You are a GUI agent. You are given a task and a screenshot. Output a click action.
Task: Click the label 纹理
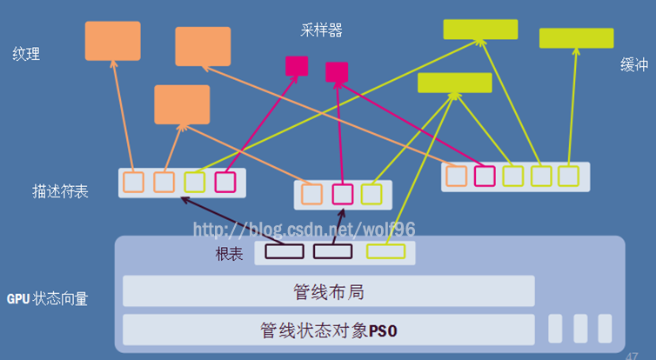click(26, 54)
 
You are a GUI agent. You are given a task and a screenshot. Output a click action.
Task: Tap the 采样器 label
click(321, 31)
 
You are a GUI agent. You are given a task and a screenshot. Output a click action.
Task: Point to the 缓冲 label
click(633, 66)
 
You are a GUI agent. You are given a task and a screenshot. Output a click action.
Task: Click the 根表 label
click(229, 255)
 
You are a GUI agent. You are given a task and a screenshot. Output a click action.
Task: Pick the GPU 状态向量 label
click(47, 299)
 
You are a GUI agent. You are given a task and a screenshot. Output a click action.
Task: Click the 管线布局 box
click(328, 291)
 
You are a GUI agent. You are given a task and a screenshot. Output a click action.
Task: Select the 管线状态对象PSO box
click(328, 330)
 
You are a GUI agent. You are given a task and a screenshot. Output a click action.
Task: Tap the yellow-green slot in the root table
click(385, 252)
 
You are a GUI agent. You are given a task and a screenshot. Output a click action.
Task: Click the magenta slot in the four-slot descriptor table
click(225, 182)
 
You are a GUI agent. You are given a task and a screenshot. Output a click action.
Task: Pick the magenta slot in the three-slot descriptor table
click(342, 194)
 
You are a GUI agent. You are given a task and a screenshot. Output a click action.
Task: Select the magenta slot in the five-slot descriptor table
click(485, 176)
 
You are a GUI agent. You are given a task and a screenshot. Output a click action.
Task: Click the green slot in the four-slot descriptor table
click(195, 182)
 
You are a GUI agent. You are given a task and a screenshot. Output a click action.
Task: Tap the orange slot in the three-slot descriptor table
click(312, 194)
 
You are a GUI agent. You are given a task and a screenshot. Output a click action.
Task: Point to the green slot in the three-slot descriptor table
click(372, 194)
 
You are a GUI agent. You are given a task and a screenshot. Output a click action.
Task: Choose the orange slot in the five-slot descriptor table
click(456, 176)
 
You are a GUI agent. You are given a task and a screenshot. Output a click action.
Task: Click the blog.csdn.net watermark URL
click(304, 230)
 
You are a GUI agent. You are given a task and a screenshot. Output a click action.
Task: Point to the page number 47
click(632, 356)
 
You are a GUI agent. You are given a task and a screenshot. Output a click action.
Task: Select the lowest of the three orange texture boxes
click(182, 104)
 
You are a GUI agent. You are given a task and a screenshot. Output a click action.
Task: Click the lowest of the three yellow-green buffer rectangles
click(454, 83)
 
